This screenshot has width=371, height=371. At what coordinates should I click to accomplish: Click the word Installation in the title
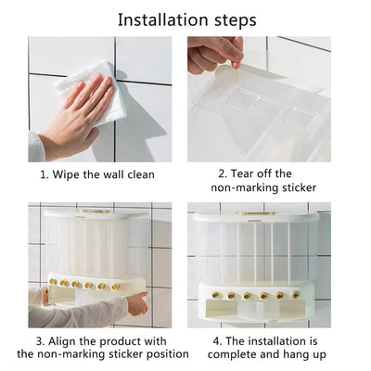[163, 19]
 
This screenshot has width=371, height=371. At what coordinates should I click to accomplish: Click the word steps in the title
[236, 21]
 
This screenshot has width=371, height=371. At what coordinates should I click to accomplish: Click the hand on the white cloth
[77, 113]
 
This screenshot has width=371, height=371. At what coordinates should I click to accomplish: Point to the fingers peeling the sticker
[215, 53]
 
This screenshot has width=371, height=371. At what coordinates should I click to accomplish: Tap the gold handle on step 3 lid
[93, 211]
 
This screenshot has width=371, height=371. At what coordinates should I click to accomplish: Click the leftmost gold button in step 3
[53, 282]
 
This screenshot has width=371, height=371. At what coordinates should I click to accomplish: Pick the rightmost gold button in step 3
[116, 287]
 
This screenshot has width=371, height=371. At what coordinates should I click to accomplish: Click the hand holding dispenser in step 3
[137, 304]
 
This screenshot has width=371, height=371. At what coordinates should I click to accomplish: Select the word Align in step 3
[61, 341]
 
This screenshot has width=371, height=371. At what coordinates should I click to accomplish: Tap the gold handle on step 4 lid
[256, 213]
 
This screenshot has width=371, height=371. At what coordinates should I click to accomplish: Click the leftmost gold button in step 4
[214, 295]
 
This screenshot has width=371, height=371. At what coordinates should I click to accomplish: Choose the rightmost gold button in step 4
[296, 295]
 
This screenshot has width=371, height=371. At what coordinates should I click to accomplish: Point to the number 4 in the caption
[216, 341]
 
